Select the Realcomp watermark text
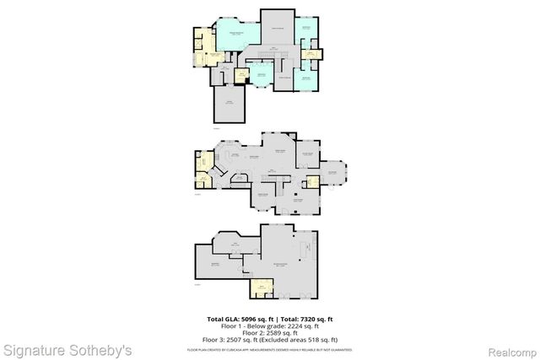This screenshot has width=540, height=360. click(x=514, y=347)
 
